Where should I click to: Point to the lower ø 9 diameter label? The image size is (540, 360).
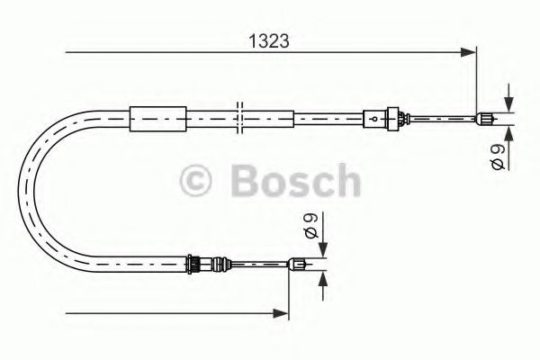(310, 224)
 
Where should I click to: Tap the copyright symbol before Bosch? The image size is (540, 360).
(197, 182)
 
